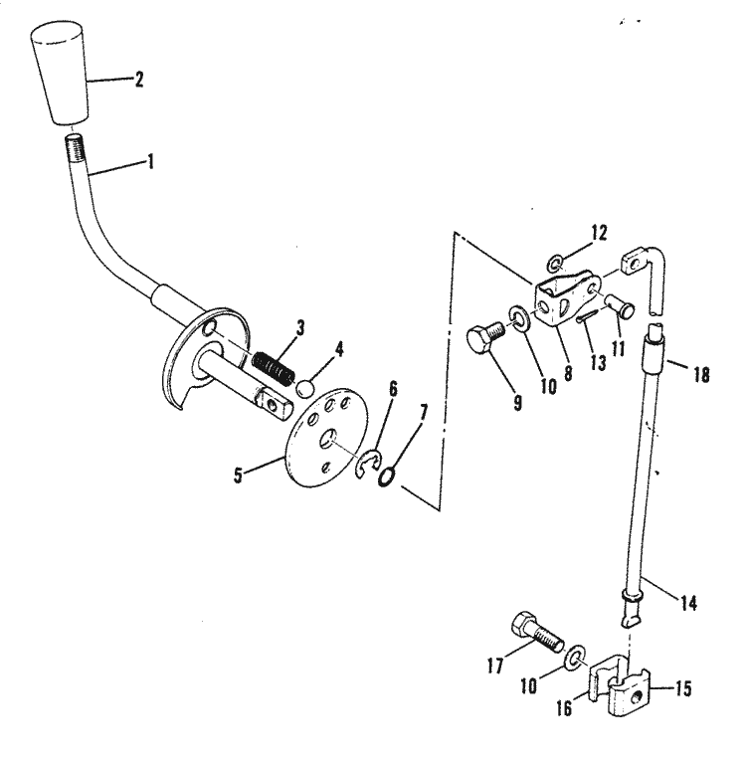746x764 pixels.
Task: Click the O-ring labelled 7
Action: pos(387,477)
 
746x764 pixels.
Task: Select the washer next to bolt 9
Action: pos(518,317)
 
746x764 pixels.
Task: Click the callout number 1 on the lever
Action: pos(150,159)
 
